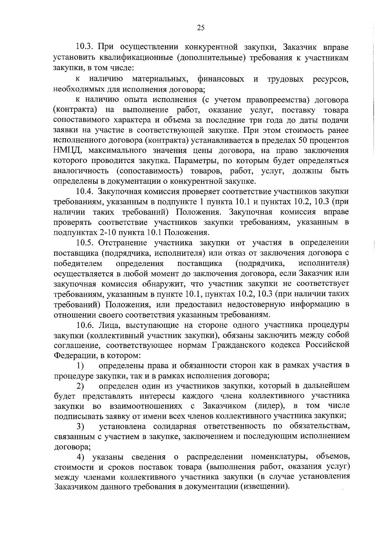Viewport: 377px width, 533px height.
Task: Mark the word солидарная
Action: point(175,427)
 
